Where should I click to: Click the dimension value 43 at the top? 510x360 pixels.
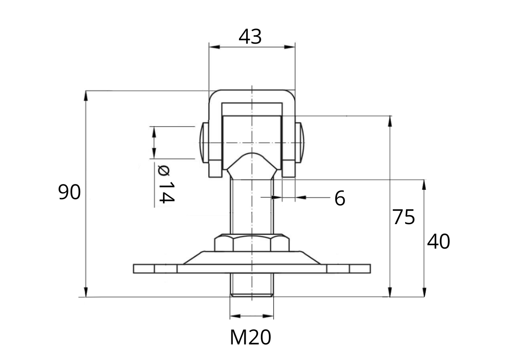pyautogui.click(x=250, y=37)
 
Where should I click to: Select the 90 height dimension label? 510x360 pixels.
pyautogui.click(x=69, y=192)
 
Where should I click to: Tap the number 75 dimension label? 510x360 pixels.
pyautogui.click(x=403, y=217)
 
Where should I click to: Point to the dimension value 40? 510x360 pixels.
pyautogui.click(x=438, y=241)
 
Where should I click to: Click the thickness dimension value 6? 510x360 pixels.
pyautogui.click(x=340, y=198)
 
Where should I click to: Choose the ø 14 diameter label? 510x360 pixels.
pyautogui.click(x=166, y=184)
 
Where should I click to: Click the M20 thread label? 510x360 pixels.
pyautogui.click(x=251, y=338)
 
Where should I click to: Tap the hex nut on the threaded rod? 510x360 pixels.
pyautogui.click(x=252, y=243)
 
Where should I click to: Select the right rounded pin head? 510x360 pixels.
pyautogui.click(x=300, y=142)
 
